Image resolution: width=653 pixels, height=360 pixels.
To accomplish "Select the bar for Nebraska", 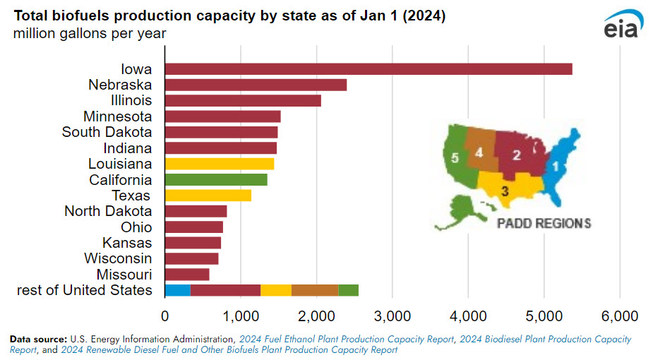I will click(x=256, y=85).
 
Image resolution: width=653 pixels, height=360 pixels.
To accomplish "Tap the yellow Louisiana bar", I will click(x=220, y=164).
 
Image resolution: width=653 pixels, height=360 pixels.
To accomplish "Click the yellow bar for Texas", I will click(x=208, y=195).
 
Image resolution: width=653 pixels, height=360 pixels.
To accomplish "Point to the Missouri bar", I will click(x=187, y=274).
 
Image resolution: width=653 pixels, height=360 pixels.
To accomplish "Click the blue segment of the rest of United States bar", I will click(x=178, y=289).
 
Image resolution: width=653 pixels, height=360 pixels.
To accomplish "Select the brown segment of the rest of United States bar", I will click(x=315, y=289).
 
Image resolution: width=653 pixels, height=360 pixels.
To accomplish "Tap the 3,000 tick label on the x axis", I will click(x=393, y=315).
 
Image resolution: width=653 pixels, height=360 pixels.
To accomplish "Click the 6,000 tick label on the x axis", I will click(x=620, y=315).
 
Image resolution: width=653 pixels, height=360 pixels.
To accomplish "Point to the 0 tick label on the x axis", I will click(x=165, y=315).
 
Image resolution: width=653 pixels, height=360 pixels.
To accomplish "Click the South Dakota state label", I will click(x=107, y=132).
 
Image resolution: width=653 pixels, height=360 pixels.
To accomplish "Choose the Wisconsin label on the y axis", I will click(x=118, y=258).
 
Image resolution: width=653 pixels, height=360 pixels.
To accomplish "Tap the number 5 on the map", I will click(x=455, y=158).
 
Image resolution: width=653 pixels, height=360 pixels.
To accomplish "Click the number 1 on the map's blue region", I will click(x=555, y=167).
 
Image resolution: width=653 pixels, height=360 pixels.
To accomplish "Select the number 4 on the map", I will click(x=479, y=152).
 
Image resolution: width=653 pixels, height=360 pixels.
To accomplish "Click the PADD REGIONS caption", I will click(x=544, y=224).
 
